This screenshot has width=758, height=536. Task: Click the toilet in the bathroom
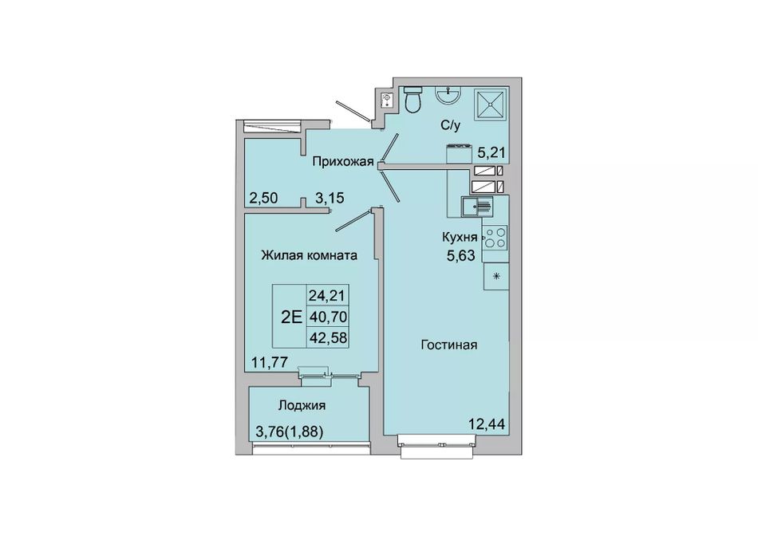click(x=413, y=99)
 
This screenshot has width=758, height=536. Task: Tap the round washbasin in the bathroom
click(x=448, y=94)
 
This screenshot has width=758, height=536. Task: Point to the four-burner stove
click(x=495, y=238)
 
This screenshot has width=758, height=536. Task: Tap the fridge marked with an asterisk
click(x=495, y=277)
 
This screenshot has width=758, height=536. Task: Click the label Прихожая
click(x=343, y=162)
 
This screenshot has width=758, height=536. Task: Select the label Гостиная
click(x=449, y=345)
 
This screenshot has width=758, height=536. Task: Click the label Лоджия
click(x=302, y=405)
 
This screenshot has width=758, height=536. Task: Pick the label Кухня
click(x=460, y=237)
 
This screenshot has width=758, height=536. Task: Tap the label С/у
click(x=451, y=126)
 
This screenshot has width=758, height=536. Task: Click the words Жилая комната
click(x=310, y=255)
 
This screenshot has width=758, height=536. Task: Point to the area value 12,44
click(x=487, y=424)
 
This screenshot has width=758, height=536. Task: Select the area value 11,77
click(x=269, y=361)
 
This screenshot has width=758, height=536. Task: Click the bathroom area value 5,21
click(x=492, y=153)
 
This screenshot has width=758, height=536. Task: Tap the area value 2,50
click(x=263, y=198)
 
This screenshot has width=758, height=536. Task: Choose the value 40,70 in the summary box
click(x=328, y=317)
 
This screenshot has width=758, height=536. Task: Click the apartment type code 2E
click(x=291, y=317)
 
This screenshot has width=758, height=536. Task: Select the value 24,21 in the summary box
click(x=328, y=294)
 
